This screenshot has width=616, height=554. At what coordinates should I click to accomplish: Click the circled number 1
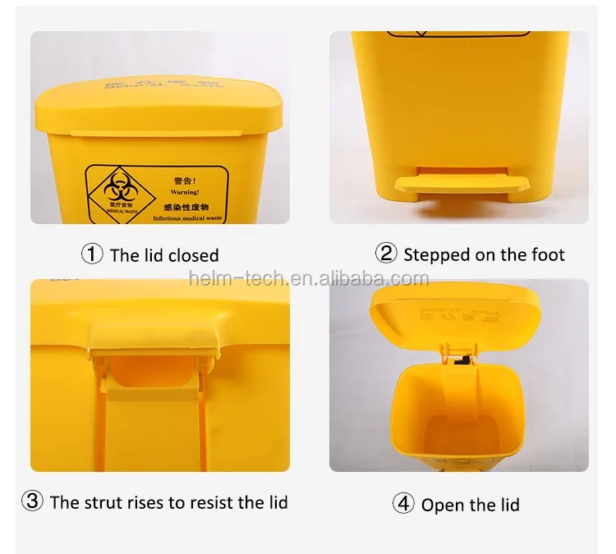[x=93, y=254]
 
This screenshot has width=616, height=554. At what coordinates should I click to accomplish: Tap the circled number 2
[x=387, y=254]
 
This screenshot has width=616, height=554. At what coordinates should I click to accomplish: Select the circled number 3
[x=32, y=501]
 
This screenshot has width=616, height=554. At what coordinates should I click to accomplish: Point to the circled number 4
[x=403, y=503]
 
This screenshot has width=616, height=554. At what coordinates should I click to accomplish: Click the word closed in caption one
[x=194, y=255]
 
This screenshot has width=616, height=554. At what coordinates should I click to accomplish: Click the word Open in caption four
[x=440, y=504]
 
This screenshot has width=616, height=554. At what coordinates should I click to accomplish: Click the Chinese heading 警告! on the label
[x=186, y=181]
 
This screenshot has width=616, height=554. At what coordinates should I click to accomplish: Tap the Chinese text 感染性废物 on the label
[x=187, y=208]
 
